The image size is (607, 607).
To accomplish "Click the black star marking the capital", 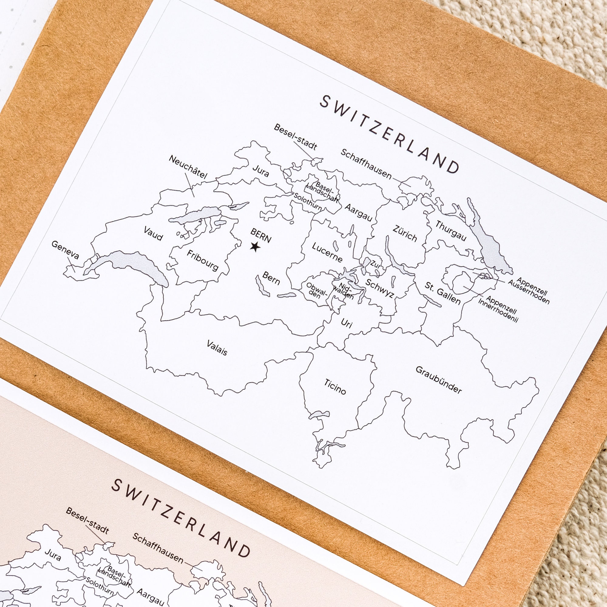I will pyautogui.click(x=255, y=247).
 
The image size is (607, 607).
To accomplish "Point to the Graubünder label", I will pyautogui.click(x=439, y=380).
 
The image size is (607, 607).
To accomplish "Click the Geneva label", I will pyautogui.click(x=65, y=250).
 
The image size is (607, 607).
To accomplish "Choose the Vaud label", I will pyautogui.click(x=153, y=233).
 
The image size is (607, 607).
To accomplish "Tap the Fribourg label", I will pyautogui.click(x=203, y=260).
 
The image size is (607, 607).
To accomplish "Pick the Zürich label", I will pyautogui.click(x=405, y=233).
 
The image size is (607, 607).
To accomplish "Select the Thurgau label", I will pyautogui.click(x=450, y=231).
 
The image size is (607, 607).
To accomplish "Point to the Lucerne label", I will pyautogui.click(x=327, y=252).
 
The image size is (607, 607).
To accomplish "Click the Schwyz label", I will pyautogui.click(x=380, y=288).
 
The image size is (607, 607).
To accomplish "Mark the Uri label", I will pyautogui.click(x=346, y=323).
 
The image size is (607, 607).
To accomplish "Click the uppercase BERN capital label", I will pyautogui.click(x=260, y=235).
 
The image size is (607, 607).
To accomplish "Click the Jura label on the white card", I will pyautogui.click(x=261, y=171).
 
